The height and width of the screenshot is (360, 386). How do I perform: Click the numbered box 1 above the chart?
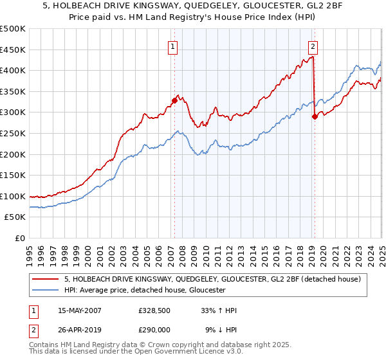coord(174,46)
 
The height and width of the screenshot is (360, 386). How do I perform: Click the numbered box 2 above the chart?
coord(313,46)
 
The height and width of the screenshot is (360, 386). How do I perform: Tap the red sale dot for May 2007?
coord(174,100)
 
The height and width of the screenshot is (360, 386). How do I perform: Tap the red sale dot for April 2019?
coord(315,116)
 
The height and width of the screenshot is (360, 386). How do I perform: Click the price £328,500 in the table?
coord(153,310)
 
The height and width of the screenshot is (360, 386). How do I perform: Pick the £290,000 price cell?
coord(153,330)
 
